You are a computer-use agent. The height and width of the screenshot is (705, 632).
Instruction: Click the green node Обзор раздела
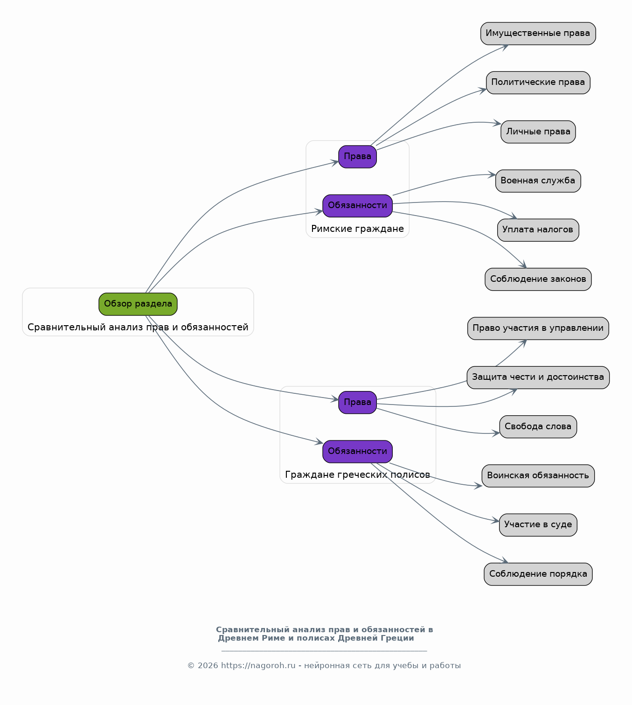click(x=138, y=304)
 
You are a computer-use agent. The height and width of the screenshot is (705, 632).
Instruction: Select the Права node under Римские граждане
click(x=357, y=157)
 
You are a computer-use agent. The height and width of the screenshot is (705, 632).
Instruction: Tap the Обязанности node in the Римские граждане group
click(x=357, y=206)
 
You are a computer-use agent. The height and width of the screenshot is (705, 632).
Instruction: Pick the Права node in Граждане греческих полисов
click(x=357, y=402)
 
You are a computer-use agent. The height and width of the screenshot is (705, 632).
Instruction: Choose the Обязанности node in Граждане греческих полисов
click(x=357, y=451)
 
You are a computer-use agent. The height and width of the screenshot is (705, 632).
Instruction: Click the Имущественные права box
click(x=538, y=34)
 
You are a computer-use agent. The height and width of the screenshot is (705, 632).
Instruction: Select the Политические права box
click(x=538, y=83)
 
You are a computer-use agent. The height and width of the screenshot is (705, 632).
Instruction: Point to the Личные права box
click(x=538, y=132)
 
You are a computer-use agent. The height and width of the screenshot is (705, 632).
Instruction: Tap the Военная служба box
click(x=538, y=181)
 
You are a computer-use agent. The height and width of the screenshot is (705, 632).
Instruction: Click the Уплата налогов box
click(x=538, y=230)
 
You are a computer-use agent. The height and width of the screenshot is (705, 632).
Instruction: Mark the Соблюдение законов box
click(x=538, y=279)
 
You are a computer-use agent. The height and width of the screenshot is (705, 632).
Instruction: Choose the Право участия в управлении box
click(x=538, y=328)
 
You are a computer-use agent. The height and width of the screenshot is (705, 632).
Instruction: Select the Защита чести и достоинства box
click(x=538, y=377)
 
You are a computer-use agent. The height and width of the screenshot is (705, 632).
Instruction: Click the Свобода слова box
click(x=538, y=426)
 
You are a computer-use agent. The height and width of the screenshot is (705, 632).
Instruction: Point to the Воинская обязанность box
click(x=538, y=476)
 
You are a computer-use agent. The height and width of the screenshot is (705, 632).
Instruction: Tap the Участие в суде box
click(x=538, y=525)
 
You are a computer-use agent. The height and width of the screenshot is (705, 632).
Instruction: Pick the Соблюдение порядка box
click(x=538, y=574)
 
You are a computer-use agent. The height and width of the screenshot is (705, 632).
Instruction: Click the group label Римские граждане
click(x=357, y=229)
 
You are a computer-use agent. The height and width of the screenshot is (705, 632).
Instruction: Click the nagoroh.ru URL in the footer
click(x=258, y=666)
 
